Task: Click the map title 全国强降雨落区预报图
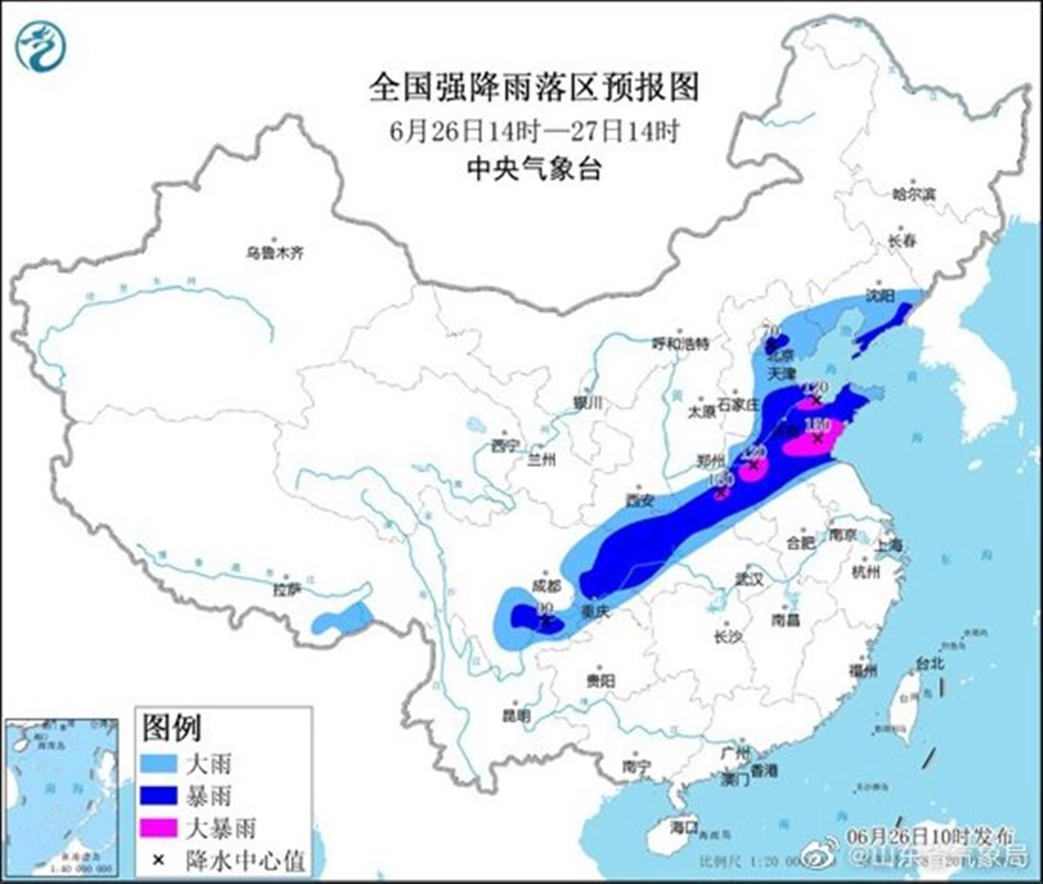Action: tap(534, 88)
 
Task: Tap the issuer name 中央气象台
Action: tap(534, 169)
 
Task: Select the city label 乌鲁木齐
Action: tap(274, 253)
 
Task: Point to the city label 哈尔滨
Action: tap(913, 195)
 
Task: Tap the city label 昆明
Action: tap(515, 716)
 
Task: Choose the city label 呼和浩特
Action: tap(681, 343)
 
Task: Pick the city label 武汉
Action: tap(748, 578)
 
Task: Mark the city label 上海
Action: tap(889, 545)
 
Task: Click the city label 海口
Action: tap(684, 826)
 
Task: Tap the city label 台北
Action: tap(929, 663)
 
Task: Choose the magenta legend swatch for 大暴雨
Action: tap(160, 828)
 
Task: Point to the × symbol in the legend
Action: tap(159, 860)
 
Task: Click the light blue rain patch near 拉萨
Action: tap(341, 619)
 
